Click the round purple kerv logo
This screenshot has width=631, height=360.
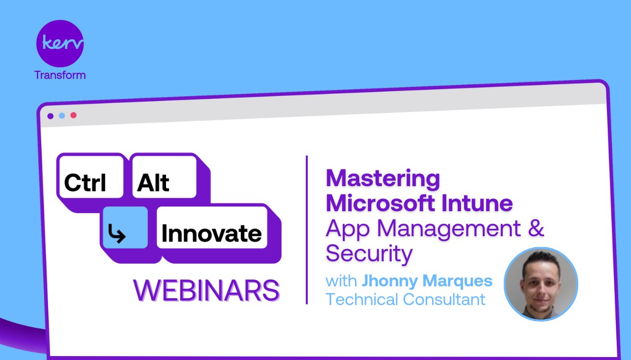[60, 43]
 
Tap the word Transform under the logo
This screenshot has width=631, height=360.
[60, 75]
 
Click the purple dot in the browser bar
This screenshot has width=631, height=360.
[50, 116]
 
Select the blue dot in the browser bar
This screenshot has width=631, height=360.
[62, 116]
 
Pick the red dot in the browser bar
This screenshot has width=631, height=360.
[74, 115]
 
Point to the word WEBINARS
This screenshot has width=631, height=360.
[206, 290]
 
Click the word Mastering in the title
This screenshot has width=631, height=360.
[383, 178]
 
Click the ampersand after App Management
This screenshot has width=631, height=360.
[536, 228]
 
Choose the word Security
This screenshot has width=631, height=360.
[369, 253]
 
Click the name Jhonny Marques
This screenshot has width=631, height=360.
[427, 281]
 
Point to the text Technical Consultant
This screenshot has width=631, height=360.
[406, 299]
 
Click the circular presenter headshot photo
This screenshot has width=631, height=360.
[541, 284]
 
